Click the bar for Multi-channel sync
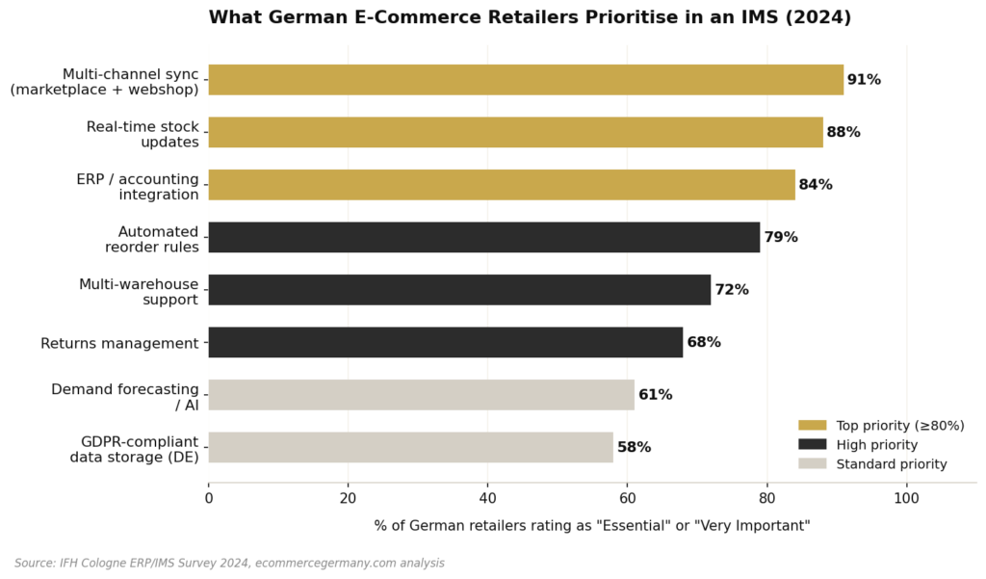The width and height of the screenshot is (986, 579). coord(525,80)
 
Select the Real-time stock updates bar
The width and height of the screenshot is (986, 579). coord(515,132)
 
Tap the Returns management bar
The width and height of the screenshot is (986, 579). coord(445,342)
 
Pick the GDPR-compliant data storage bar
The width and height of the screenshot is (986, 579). coord(410,447)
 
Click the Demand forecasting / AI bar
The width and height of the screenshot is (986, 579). coord(421,395)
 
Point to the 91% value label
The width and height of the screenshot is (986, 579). coord(864,80)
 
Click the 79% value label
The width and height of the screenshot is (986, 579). coord(781,237)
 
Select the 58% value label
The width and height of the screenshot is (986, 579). coord(634,447)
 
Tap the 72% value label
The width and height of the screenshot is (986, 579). coord(732,290)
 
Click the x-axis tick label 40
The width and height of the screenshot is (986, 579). coord(487,498)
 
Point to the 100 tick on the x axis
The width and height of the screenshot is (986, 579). coord(906,498)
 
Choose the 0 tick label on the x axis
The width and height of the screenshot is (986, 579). coord(209,498)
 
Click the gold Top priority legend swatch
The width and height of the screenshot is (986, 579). coord(812,425)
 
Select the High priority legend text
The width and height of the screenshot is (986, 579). coord(876,445)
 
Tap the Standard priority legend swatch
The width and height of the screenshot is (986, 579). coord(812,464)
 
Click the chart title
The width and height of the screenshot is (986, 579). coord(530,17)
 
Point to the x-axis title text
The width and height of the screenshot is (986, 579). coord(591,525)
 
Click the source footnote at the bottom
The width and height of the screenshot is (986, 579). coord(229,563)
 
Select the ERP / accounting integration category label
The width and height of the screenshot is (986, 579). coord(138,187)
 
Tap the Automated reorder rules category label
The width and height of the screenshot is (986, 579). coord(151,239)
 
